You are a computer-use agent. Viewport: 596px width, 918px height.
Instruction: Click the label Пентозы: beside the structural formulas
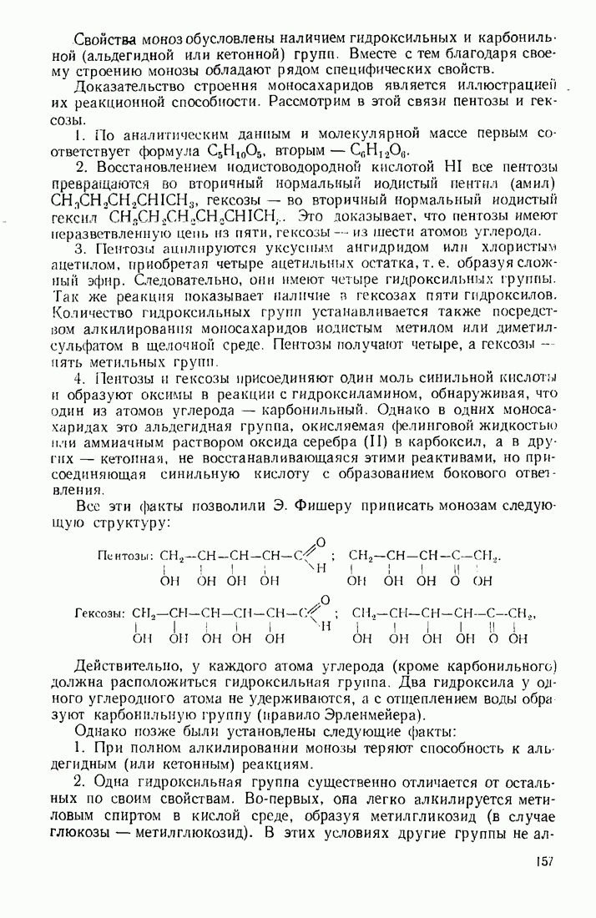pos(126,556)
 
